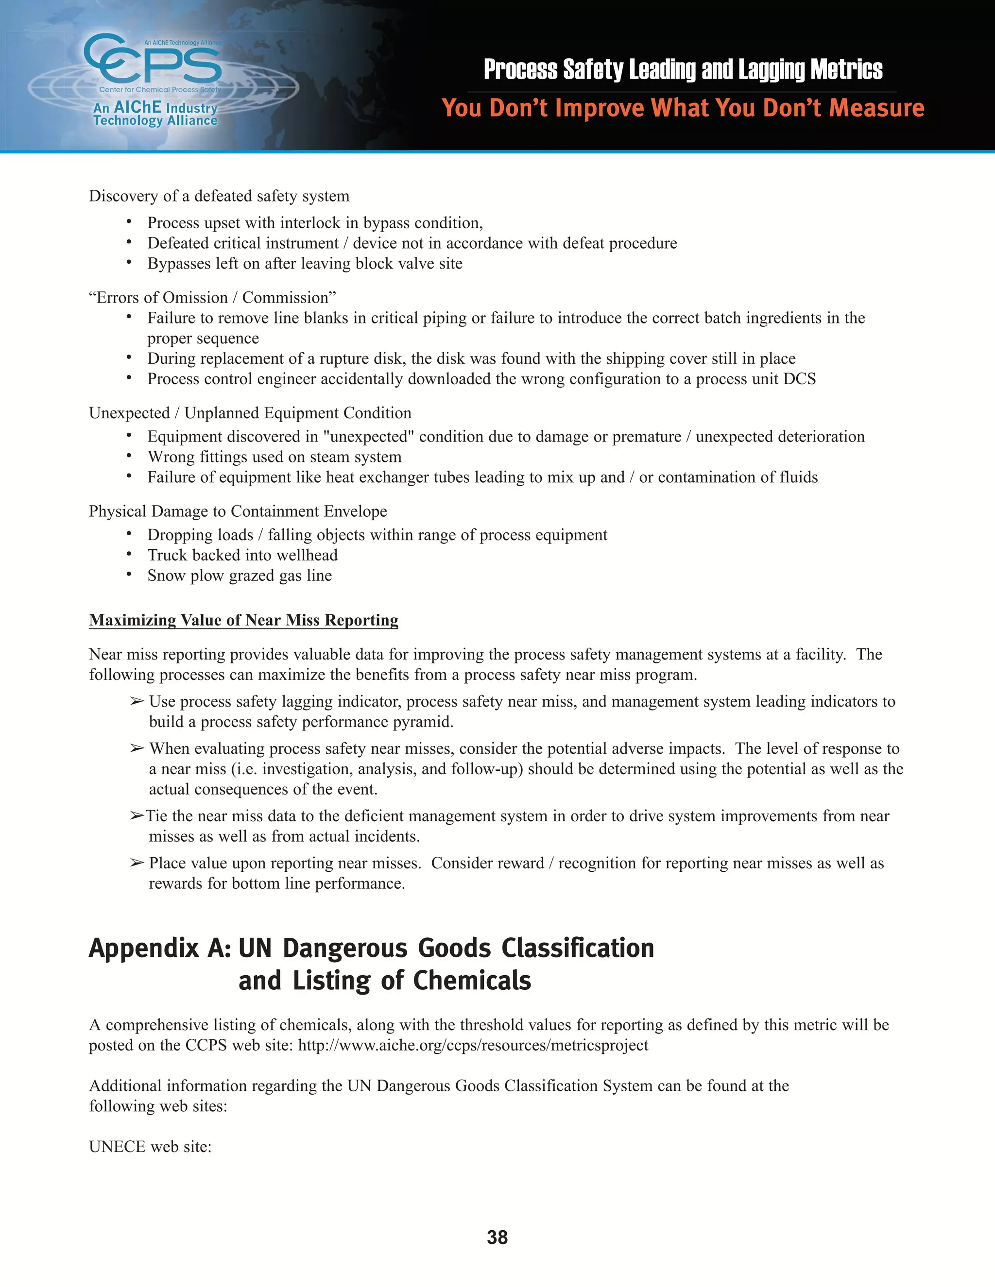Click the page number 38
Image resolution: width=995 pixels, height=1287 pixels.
(x=497, y=1237)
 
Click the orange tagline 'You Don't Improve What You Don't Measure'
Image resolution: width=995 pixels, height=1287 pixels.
(x=683, y=108)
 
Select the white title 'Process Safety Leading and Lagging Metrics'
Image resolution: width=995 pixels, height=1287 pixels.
(x=683, y=69)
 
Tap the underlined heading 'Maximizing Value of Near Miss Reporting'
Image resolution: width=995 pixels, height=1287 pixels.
(x=243, y=620)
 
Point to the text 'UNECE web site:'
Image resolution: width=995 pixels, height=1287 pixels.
(x=150, y=1146)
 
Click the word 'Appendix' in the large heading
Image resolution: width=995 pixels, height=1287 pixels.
(x=144, y=948)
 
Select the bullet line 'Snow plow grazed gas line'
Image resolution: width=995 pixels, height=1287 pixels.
(x=240, y=575)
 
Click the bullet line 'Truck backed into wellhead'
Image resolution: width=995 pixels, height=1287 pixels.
(x=242, y=555)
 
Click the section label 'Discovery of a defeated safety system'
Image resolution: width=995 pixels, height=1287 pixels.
(x=219, y=196)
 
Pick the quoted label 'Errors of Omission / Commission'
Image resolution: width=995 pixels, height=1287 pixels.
(x=212, y=298)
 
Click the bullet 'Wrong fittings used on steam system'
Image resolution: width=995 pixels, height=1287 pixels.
(x=274, y=457)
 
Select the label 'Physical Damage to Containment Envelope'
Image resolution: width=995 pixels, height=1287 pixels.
(x=238, y=511)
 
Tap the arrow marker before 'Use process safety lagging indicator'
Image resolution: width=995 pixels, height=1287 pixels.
(x=137, y=701)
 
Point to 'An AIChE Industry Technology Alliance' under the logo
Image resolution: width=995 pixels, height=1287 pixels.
(x=155, y=114)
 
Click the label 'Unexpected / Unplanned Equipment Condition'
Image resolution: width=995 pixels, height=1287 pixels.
(x=250, y=413)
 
